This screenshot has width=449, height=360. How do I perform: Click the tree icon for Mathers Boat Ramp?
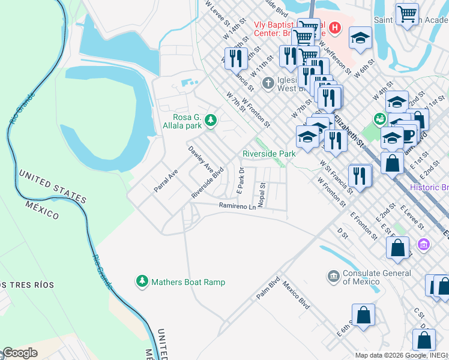(x=142, y=281)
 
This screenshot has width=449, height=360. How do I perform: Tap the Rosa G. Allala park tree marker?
(x=210, y=121)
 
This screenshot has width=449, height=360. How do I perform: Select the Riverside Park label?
(x=269, y=154)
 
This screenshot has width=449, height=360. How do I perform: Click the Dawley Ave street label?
(x=200, y=157)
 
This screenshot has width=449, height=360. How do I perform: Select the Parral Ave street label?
(x=166, y=180)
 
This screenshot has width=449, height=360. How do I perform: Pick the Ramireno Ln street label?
(x=237, y=206)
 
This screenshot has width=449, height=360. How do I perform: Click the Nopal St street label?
(x=262, y=194)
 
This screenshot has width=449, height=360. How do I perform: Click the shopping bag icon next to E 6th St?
(x=363, y=315)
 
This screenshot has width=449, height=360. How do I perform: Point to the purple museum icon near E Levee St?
(x=424, y=244)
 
